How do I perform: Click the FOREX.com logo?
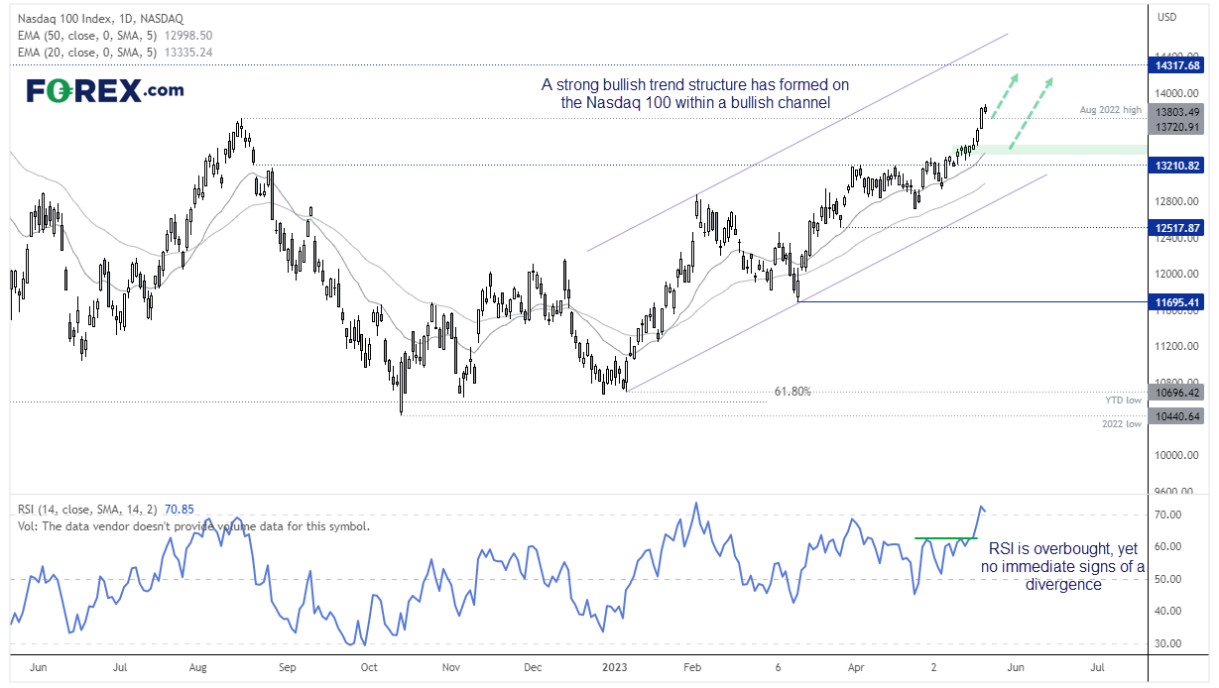pyautogui.click(x=104, y=90)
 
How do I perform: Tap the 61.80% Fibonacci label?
pyautogui.click(x=792, y=392)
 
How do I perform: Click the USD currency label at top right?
pyautogui.click(x=1169, y=17)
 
